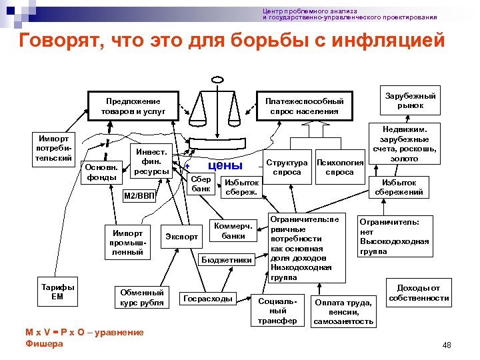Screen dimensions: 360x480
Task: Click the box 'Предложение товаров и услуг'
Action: pos(131,106)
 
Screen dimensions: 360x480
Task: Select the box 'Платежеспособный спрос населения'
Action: pos(304,106)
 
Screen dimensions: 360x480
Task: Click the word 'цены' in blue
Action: pos(225,165)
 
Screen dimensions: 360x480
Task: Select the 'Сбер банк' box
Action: pos(201,184)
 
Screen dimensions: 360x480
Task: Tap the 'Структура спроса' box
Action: pos(287,167)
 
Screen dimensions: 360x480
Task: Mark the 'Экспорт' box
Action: pos(181,236)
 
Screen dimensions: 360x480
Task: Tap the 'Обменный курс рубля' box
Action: pos(141,297)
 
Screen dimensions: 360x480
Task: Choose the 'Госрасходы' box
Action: pos(208,299)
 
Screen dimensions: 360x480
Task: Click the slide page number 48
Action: pos(447,345)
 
